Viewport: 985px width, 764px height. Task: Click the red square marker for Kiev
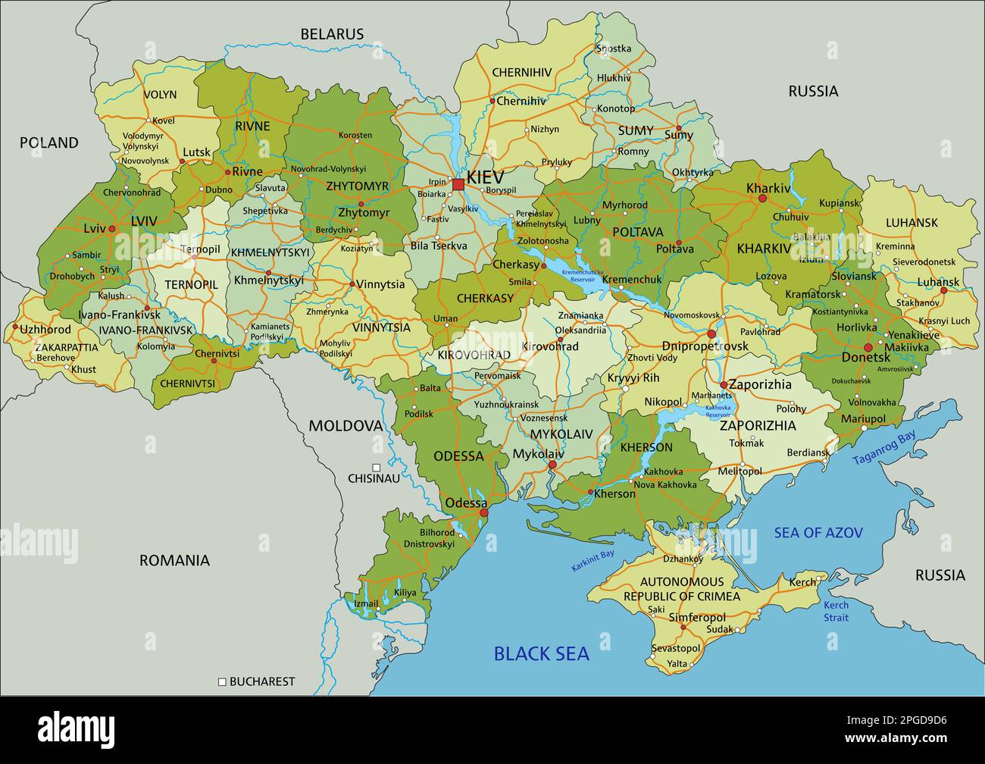click(x=458, y=184)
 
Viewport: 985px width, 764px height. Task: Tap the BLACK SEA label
click(x=541, y=653)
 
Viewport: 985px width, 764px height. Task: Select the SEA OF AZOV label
click(x=818, y=533)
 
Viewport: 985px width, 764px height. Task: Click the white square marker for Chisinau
click(x=377, y=468)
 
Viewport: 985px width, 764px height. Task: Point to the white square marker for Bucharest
click(x=222, y=681)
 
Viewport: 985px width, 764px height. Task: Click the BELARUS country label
click(x=332, y=34)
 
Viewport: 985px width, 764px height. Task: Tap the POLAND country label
click(x=48, y=142)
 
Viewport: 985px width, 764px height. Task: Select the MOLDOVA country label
click(x=346, y=426)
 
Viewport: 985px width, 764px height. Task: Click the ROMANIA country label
click(x=174, y=561)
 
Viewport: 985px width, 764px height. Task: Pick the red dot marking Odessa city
click(x=484, y=513)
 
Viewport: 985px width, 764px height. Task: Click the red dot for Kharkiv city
click(x=763, y=199)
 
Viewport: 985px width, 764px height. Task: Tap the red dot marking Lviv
click(x=111, y=228)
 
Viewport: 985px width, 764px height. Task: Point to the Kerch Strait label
click(x=836, y=611)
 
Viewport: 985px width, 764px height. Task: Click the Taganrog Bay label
click(x=883, y=448)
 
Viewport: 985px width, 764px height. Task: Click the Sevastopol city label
click(x=676, y=648)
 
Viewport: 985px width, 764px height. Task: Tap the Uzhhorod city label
click(x=45, y=330)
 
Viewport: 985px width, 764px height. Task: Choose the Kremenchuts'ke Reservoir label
click(x=583, y=275)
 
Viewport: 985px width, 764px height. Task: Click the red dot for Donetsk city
click(x=868, y=348)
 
